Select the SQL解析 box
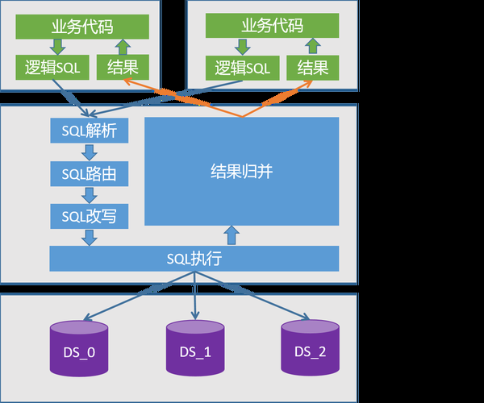point(90,130)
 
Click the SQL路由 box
point(90,172)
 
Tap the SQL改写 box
point(90,215)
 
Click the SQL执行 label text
point(194,260)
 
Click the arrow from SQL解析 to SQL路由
point(90,152)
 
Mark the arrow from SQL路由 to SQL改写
point(90,194)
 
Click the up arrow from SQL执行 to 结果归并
point(232,235)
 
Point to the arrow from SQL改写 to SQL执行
point(90,237)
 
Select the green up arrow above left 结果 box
point(120,47)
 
